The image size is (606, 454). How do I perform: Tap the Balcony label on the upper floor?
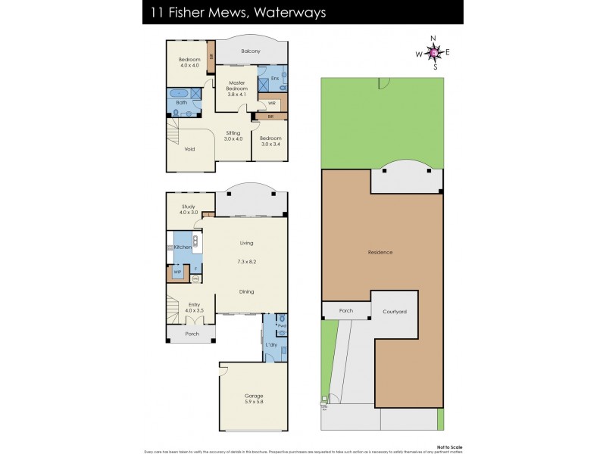click(251, 51)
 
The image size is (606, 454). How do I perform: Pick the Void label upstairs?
click(189, 149)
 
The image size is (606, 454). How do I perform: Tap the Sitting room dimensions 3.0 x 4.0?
click(233, 138)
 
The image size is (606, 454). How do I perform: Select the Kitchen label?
click(183, 247)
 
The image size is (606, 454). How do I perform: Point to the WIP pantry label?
click(177, 272)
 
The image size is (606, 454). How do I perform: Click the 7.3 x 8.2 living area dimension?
click(246, 261)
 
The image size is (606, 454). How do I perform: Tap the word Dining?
click(246, 291)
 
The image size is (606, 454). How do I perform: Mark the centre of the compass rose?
click(434, 52)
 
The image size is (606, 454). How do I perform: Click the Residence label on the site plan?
click(380, 252)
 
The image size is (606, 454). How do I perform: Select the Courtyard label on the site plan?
click(394, 311)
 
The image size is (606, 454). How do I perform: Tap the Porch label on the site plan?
click(345, 310)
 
